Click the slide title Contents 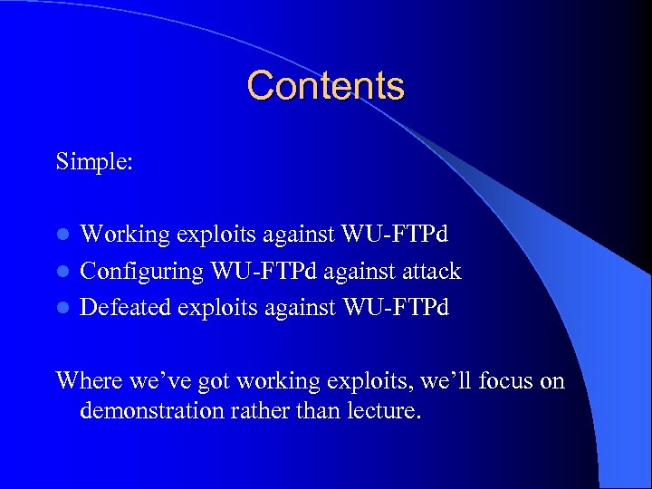click(x=325, y=86)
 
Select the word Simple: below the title click(x=95, y=162)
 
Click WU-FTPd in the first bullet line click(x=395, y=235)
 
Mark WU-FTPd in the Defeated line click(x=395, y=307)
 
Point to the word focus click(x=506, y=380)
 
